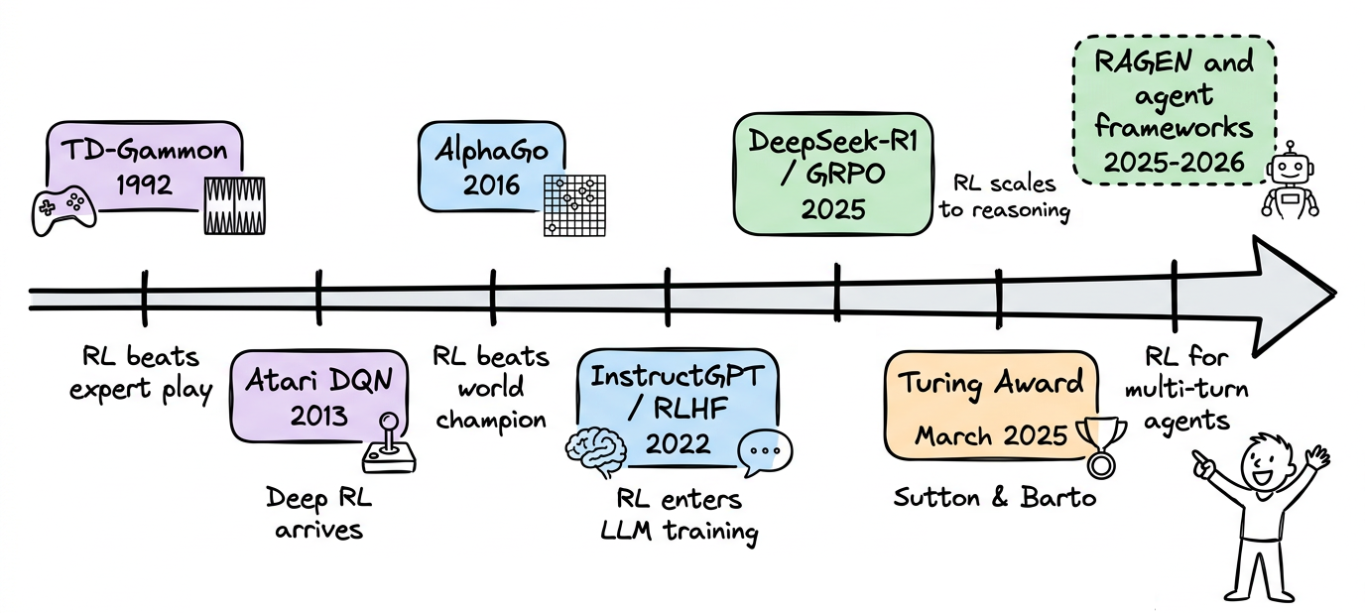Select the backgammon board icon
pos(234,205)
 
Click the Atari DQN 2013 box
pos(317,395)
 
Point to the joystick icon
pos(389,446)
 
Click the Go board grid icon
pos(574,205)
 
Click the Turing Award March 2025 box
pos(992,407)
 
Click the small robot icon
pos(1290,179)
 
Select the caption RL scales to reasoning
pos(1004,197)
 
